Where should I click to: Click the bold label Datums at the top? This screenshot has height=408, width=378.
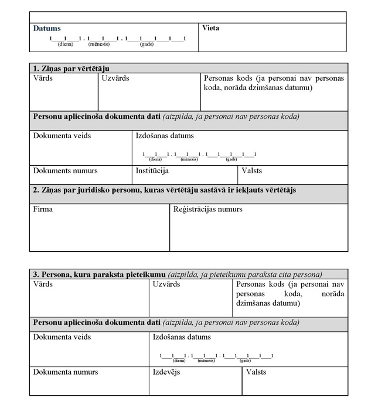pos(47,28)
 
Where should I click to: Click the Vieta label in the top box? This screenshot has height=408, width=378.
pos(210,28)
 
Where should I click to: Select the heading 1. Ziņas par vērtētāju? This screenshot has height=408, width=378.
pos(71,68)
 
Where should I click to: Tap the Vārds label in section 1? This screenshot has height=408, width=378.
pos(43,78)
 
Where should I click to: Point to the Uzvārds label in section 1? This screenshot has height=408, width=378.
pos(115,78)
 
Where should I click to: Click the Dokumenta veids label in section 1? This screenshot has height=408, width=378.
pos(62,136)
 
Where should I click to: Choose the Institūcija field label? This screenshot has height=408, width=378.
pos(152,171)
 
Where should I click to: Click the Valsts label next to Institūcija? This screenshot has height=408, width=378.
pos(251,171)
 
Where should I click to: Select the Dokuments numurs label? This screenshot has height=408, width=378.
pos(65,171)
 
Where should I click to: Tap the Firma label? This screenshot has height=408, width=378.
pos(43,209)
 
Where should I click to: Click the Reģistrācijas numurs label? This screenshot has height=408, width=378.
pos(207,209)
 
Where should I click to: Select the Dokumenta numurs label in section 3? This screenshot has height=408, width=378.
pos(66,372)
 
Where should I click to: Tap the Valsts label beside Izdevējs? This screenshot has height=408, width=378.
pos(256,372)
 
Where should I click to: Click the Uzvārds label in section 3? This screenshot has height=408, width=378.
pos(166,284)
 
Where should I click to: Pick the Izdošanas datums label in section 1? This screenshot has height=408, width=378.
pos(165,136)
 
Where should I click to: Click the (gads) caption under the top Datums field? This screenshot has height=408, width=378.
pos(147,44)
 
